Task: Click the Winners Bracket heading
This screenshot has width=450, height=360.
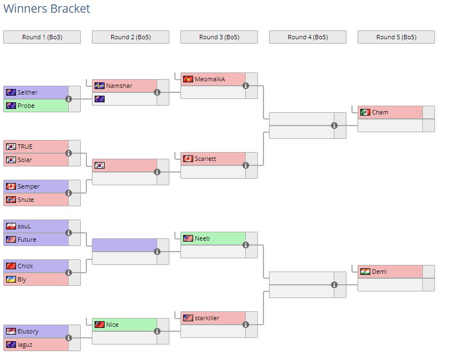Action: pyautogui.click(x=46, y=9)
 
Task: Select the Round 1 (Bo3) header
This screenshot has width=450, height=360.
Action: pyautogui.click(x=42, y=37)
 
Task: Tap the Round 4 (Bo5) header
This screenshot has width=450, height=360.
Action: pyautogui.click(x=308, y=37)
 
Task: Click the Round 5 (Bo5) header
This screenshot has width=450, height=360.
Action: pyautogui.click(x=396, y=37)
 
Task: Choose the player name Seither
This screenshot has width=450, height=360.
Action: pyautogui.click(x=28, y=92)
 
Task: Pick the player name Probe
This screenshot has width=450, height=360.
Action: pyautogui.click(x=26, y=106)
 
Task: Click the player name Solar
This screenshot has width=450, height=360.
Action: pyautogui.click(x=25, y=160)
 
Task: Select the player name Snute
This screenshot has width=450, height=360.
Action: pyautogui.click(x=25, y=200)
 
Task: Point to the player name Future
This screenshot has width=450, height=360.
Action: pyautogui.click(x=27, y=239)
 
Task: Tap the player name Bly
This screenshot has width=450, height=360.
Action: pyautogui.click(x=22, y=279)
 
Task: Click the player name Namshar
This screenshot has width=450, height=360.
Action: pyautogui.click(x=118, y=86)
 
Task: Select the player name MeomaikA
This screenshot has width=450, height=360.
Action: pyautogui.click(x=210, y=79)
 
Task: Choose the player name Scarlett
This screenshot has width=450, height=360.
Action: pyautogui.click(x=205, y=159)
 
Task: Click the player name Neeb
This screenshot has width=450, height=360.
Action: pyautogui.click(x=202, y=238)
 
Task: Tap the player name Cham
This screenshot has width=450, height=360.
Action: pyautogui.click(x=380, y=112)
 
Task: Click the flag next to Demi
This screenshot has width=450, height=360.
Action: pyautogui.click(x=365, y=272)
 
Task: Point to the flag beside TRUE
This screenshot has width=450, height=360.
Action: pyautogui.click(x=11, y=147)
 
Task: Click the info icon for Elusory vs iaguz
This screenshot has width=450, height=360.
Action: pyautogui.click(x=69, y=338)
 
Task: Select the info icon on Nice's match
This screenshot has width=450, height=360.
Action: pyautogui.click(x=157, y=331)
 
